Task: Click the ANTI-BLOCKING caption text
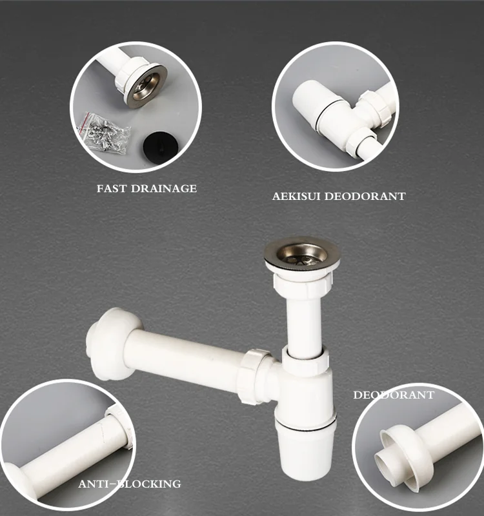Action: point(129,484)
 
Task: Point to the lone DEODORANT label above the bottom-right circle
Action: point(394,395)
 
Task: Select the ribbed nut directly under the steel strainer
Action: point(302,283)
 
